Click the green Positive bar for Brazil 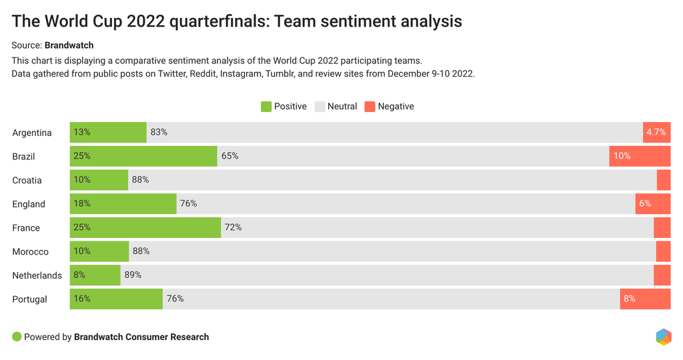pos(143,157)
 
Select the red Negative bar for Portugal pos(645,299)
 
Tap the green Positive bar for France pos(145,227)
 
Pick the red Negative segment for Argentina pos(656,132)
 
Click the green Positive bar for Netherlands pos(95,275)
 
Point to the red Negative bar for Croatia pos(664,180)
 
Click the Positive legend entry pos(283,107)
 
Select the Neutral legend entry pos(336,107)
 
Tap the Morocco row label pos(31,251)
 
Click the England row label pos(29,204)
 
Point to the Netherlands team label pos(37,275)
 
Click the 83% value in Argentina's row pos(159,132)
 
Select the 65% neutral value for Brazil pos(229,156)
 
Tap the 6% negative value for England pos(645,203)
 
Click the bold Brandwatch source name pos(69,45)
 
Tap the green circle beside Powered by pos(17,337)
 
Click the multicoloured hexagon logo pos(663,337)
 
